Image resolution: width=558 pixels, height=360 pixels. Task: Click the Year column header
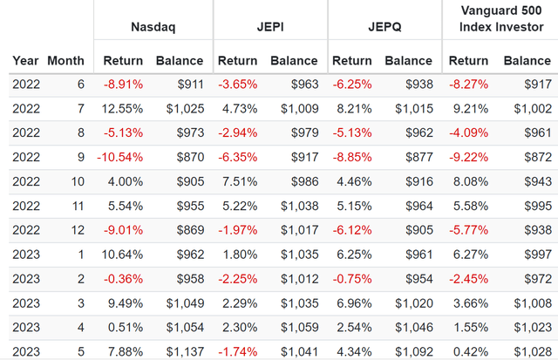point(25,61)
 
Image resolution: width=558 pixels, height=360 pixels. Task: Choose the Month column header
point(66,61)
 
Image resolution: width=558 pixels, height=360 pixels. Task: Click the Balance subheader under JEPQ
point(408,61)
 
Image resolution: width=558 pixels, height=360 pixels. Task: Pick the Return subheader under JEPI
point(238,61)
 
